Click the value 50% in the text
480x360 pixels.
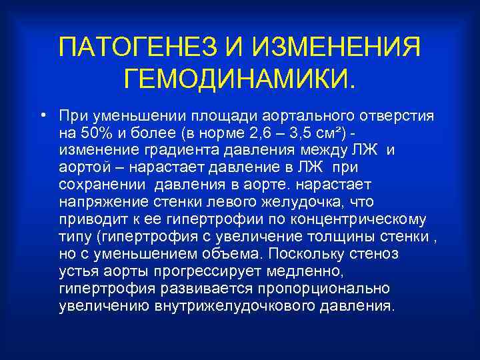pyautogui.click(x=95, y=132)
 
